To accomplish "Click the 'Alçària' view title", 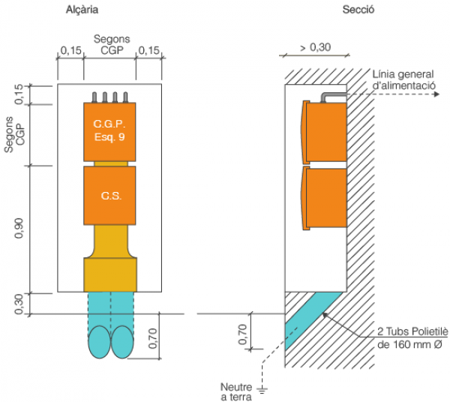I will (x=82, y=10).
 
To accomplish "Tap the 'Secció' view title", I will (x=358, y=10).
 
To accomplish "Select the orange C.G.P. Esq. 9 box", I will (x=109, y=131).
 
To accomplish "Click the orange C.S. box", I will (x=109, y=195).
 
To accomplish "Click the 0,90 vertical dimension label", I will (x=20, y=228).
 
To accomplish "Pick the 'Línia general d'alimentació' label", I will (x=404, y=80).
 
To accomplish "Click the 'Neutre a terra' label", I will (x=235, y=391).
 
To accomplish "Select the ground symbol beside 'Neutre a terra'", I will (x=262, y=390).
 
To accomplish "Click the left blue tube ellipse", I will (x=99, y=344).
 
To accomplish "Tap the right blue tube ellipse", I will (x=121, y=344).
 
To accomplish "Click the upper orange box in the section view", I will (x=324, y=132).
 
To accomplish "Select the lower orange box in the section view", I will (x=324, y=198).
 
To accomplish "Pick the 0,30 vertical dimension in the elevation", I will (x=20, y=303).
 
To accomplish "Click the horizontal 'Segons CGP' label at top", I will (x=109, y=44).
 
